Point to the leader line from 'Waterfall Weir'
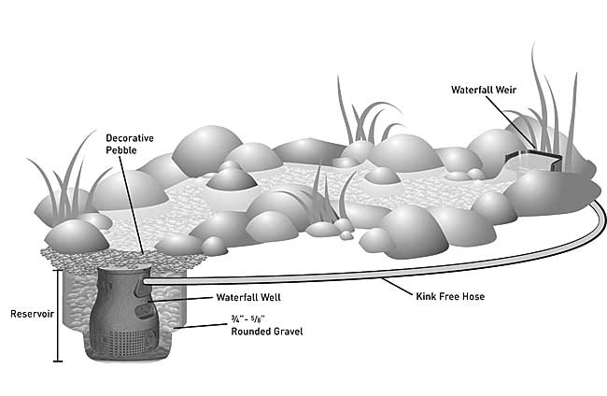(523, 121)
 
